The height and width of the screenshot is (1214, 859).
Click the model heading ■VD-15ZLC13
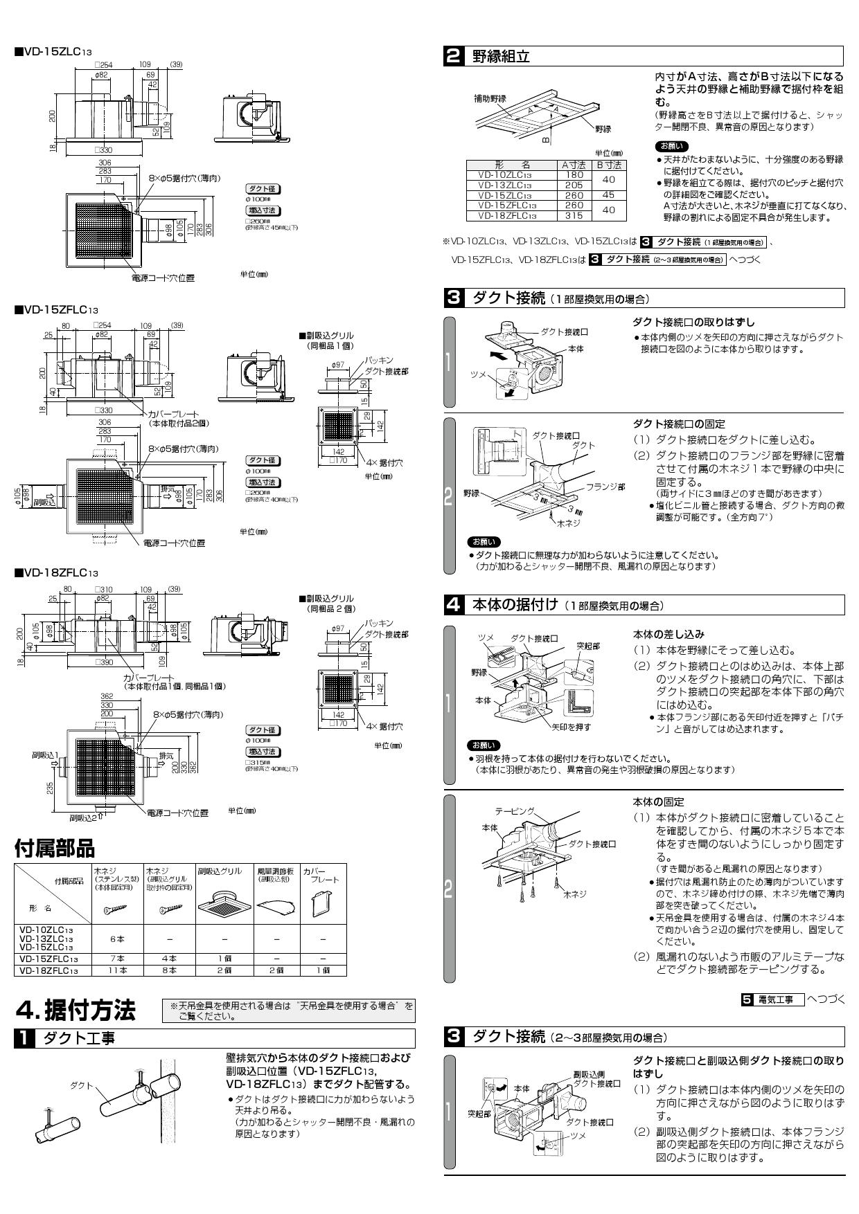53,52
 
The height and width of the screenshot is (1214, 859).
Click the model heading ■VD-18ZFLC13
56,573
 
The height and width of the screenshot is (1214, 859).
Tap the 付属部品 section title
54,847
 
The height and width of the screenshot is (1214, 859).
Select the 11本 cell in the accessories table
117,970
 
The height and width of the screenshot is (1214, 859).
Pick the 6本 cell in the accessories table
117,939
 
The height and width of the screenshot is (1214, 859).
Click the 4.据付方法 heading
76,1011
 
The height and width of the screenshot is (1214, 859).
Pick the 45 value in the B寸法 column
609,195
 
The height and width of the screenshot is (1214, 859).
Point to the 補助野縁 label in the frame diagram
490,99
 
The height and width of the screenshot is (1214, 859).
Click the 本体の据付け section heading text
515,604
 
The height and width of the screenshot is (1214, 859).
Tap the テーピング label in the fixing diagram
515,810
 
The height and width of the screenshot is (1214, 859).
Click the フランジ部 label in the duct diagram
605,487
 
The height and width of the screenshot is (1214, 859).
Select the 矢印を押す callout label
572,727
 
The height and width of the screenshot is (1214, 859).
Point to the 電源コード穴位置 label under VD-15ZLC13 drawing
163,278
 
